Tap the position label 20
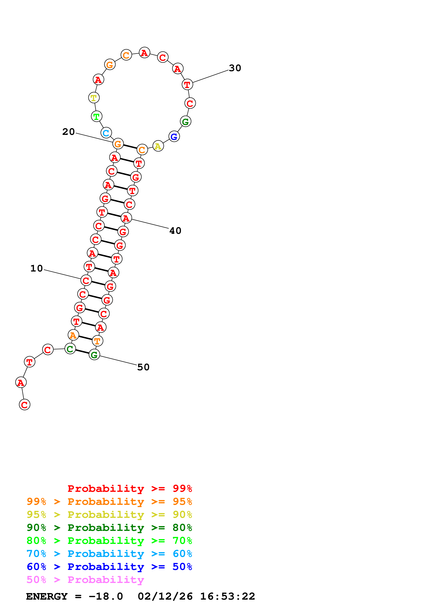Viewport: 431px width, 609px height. [x=69, y=132]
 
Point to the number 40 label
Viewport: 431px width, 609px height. [x=175, y=231]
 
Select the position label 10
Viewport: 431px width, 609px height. [x=37, y=268]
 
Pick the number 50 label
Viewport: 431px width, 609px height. [x=143, y=367]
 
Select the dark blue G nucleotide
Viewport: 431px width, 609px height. [x=174, y=137]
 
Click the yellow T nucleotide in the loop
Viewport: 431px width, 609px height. [x=94, y=98]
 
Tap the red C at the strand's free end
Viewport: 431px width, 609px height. [x=25, y=405]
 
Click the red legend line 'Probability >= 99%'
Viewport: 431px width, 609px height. [x=130, y=488]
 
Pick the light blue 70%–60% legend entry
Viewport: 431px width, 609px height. [x=109, y=554]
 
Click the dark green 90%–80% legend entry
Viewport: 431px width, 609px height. [x=109, y=528]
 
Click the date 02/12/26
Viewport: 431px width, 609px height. [x=165, y=596]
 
